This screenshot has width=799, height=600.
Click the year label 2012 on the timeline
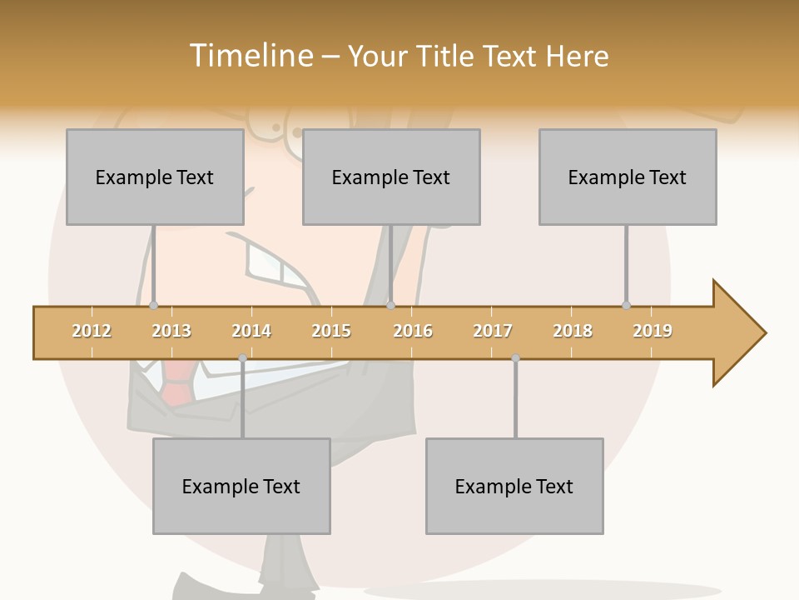[x=92, y=331]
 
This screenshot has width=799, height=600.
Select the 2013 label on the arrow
[x=171, y=331]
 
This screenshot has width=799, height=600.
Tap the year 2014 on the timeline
[x=251, y=331]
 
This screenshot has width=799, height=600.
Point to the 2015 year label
[x=331, y=331]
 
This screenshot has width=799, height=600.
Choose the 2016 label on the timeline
[x=413, y=331]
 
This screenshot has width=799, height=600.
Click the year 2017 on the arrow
[x=493, y=331]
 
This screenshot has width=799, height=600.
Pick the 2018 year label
[x=573, y=331]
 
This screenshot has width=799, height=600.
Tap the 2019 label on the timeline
[x=653, y=331]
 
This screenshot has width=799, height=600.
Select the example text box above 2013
[x=155, y=177]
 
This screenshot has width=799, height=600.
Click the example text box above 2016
[x=391, y=177]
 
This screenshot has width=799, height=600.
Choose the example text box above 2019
[x=628, y=177]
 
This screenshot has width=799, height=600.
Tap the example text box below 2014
[x=241, y=486]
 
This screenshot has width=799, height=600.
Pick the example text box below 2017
[x=514, y=486]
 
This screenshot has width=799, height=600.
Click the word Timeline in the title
[x=250, y=56]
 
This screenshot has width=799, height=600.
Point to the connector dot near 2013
[x=154, y=305]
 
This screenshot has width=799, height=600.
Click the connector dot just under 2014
[x=242, y=358]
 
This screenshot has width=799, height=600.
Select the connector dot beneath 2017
[x=515, y=358]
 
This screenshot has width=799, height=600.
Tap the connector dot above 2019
[x=627, y=305]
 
